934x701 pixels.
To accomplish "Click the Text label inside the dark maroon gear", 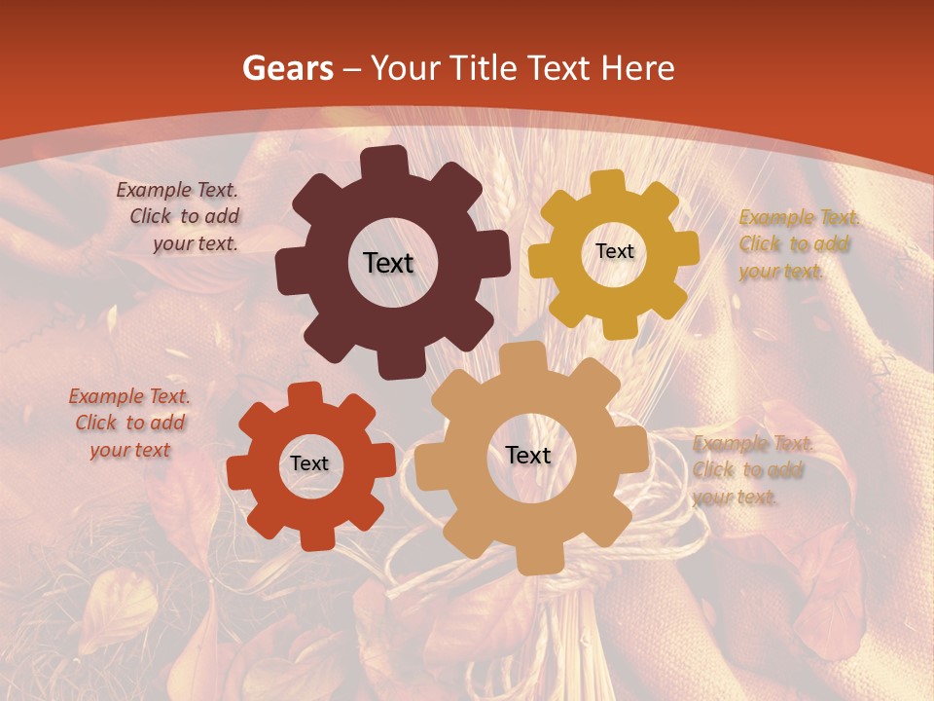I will (388, 263).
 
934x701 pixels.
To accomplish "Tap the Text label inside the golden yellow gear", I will (614, 251).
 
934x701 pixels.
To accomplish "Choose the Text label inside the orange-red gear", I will (309, 463).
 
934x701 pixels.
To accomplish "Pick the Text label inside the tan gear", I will (528, 455).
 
